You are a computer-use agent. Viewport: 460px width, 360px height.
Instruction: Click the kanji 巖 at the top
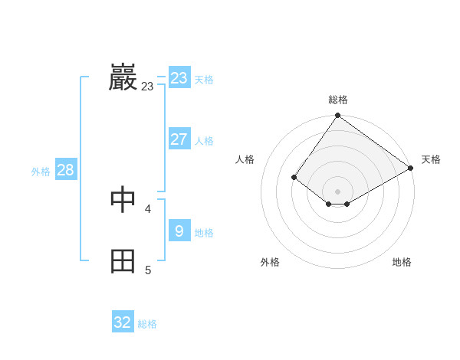point(123,78)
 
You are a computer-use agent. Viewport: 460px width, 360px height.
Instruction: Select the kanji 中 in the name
point(123,200)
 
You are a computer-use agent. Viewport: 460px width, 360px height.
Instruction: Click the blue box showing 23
point(179,78)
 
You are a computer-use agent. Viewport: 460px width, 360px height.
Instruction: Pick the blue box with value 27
point(179,139)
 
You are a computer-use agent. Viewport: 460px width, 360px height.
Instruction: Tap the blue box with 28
point(65,170)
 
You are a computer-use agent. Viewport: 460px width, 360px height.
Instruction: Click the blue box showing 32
point(123,322)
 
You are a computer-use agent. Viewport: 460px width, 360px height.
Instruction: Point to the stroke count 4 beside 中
point(148,208)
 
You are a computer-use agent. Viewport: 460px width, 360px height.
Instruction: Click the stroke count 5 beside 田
point(148,270)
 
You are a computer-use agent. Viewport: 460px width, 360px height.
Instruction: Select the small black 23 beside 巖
point(147,87)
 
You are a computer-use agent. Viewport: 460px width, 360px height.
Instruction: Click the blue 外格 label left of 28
point(41,172)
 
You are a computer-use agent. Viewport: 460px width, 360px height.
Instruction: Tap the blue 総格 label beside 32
point(147,324)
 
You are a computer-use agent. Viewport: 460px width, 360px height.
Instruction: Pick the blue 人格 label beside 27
point(204,141)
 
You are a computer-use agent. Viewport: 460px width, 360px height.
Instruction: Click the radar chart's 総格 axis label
point(338,100)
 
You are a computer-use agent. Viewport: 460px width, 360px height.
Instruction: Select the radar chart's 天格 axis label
point(431,159)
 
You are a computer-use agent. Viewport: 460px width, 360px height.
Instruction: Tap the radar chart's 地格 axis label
point(402,262)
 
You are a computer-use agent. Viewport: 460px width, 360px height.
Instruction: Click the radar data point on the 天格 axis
point(411,168)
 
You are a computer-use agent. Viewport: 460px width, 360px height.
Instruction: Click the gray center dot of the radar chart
point(338,191)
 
